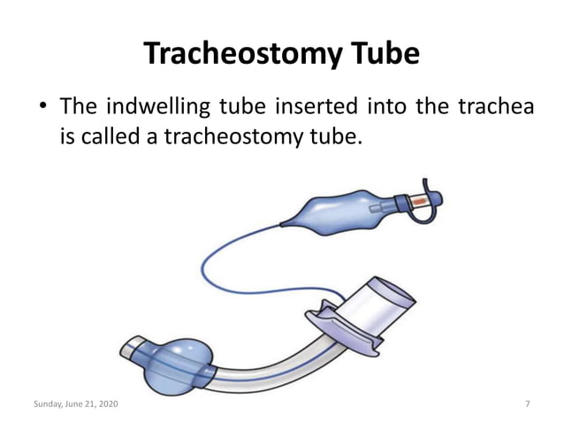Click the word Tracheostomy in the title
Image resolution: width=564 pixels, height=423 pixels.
point(233,55)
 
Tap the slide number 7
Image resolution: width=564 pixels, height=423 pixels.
point(527,404)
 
